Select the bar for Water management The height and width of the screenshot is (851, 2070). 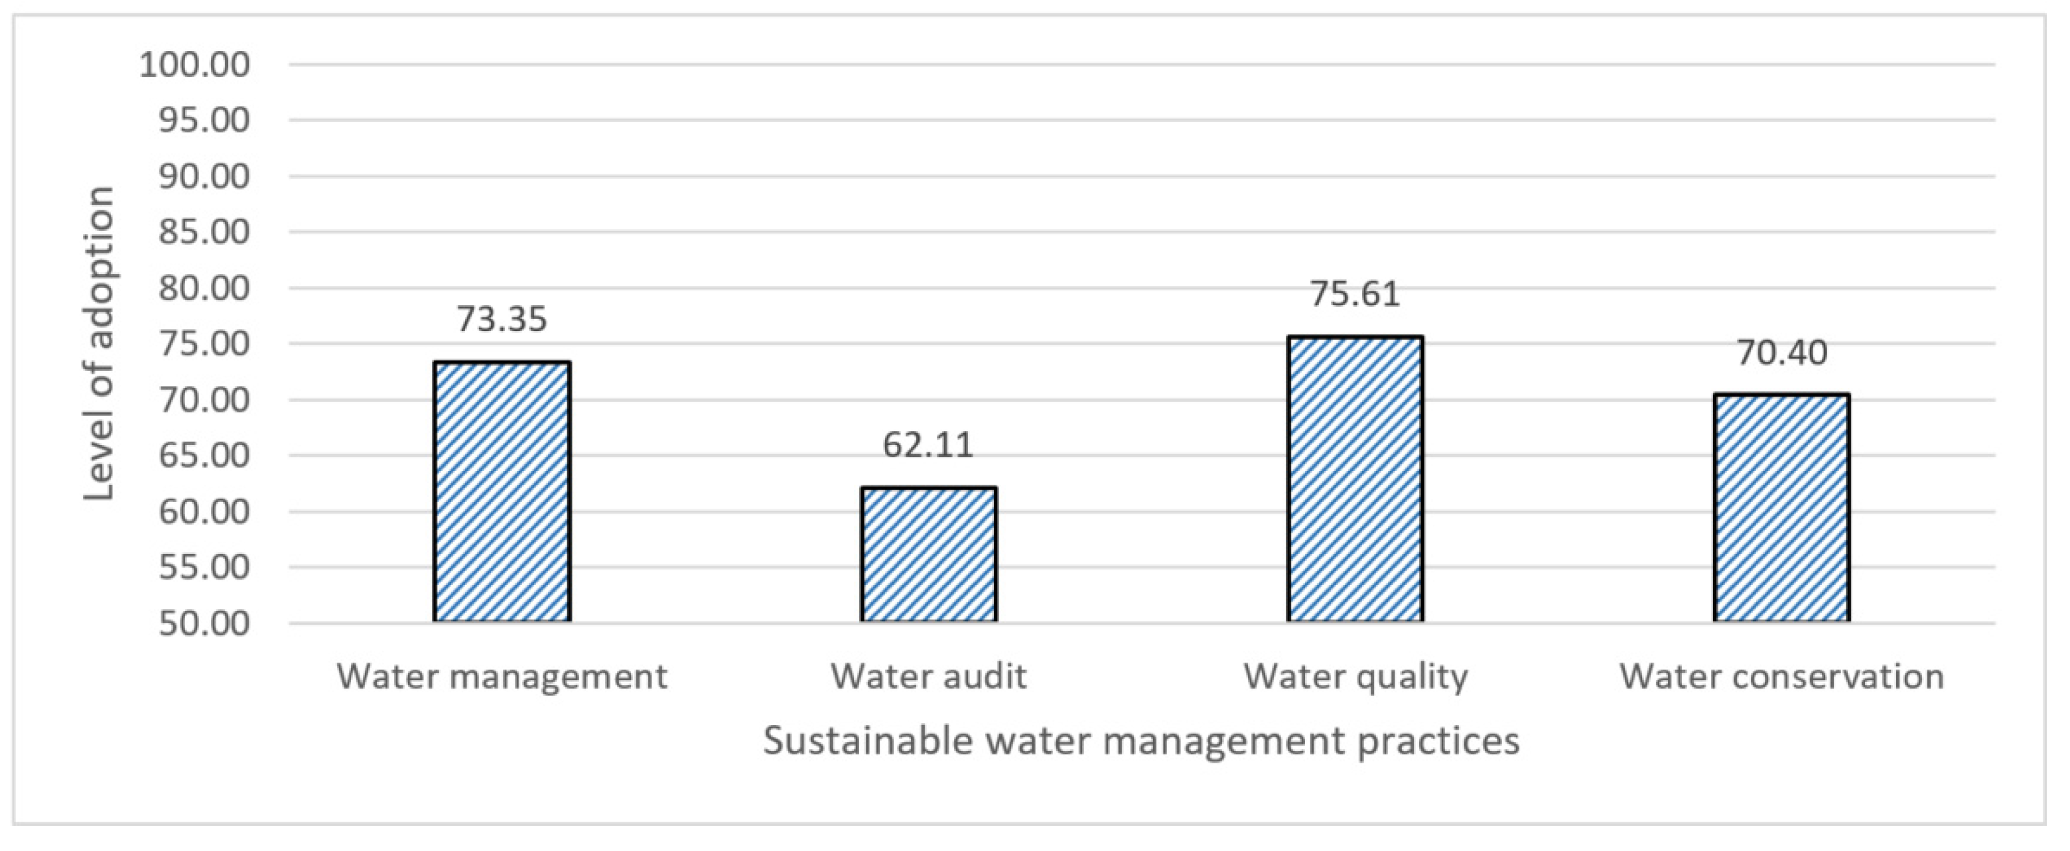[502, 491]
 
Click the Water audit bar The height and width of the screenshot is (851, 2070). [929, 554]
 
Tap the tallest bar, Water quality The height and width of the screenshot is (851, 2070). [1355, 479]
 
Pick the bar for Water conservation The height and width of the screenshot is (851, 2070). [1781, 508]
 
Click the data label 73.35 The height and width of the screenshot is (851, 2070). [502, 319]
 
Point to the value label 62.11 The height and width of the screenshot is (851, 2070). [928, 444]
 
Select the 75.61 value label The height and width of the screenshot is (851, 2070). [1355, 293]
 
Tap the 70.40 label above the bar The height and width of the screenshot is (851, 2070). [1781, 352]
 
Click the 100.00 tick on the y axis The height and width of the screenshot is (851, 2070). [195, 64]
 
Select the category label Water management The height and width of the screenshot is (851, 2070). [502, 677]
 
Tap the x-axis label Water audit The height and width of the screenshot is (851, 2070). [929, 677]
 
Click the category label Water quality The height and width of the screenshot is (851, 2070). [1355, 677]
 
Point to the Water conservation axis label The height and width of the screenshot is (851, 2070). [1781, 677]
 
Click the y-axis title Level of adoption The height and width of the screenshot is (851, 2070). [100, 344]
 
